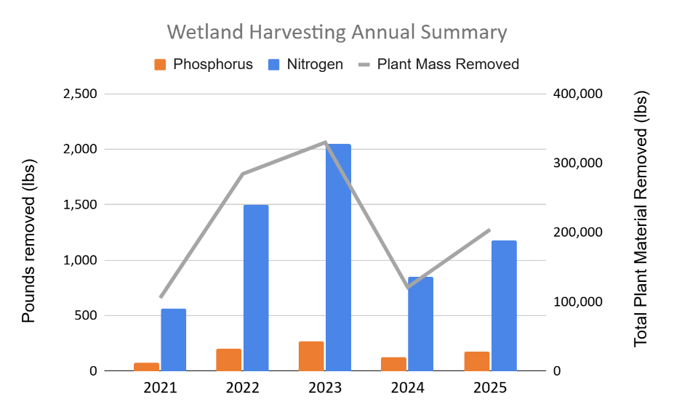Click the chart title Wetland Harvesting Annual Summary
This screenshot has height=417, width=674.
click(x=337, y=33)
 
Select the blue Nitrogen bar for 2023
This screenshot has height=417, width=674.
click(x=339, y=257)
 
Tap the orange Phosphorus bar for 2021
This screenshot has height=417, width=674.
click(x=146, y=367)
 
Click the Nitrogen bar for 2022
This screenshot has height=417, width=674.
click(x=256, y=288)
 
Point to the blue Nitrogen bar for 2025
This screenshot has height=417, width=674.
click(x=503, y=305)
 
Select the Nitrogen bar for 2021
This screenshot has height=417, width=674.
click(x=174, y=339)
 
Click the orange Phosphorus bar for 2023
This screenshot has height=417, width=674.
click(x=311, y=356)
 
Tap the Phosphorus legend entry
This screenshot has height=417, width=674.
click(x=204, y=64)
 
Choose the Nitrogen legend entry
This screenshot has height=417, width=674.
click(x=305, y=64)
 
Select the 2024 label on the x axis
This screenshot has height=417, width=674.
click(x=407, y=388)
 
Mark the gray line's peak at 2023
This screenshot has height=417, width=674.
click(x=325, y=142)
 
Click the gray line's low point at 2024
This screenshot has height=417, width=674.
click(x=408, y=288)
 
